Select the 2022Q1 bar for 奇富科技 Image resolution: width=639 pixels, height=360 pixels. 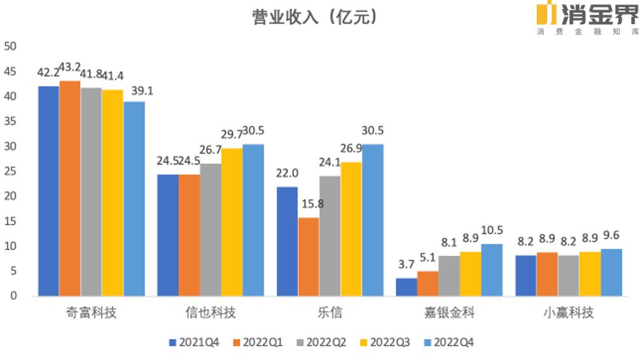coord(70,188)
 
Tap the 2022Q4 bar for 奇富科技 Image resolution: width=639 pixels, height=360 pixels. coord(134,198)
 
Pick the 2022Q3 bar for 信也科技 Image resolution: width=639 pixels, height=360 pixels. coord(231,222)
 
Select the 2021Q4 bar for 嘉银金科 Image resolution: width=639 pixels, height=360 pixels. coord(407,286)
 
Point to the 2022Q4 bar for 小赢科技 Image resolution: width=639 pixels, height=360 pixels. coord(611,272)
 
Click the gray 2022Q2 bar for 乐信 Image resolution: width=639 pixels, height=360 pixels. coord(330,236)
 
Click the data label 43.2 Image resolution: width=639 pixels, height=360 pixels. coord(70,67)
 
